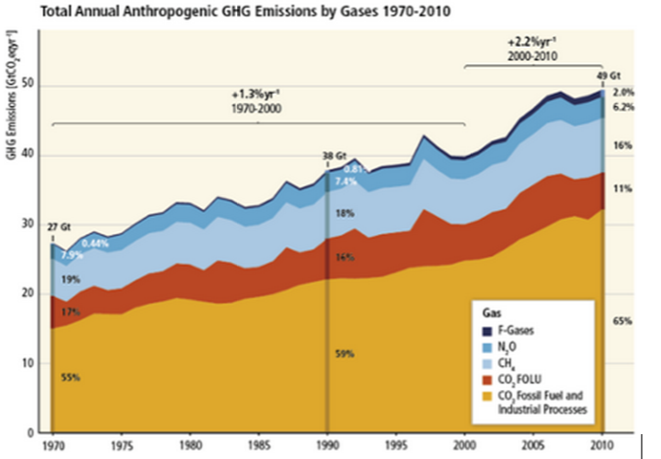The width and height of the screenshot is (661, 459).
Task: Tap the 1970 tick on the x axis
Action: (52, 446)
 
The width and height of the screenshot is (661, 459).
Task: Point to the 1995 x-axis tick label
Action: (396, 446)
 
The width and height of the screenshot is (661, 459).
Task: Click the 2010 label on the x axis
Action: (602, 446)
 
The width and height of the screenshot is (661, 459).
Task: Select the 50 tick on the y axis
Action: (35, 86)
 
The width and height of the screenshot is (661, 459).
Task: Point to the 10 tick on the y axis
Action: (35, 363)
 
